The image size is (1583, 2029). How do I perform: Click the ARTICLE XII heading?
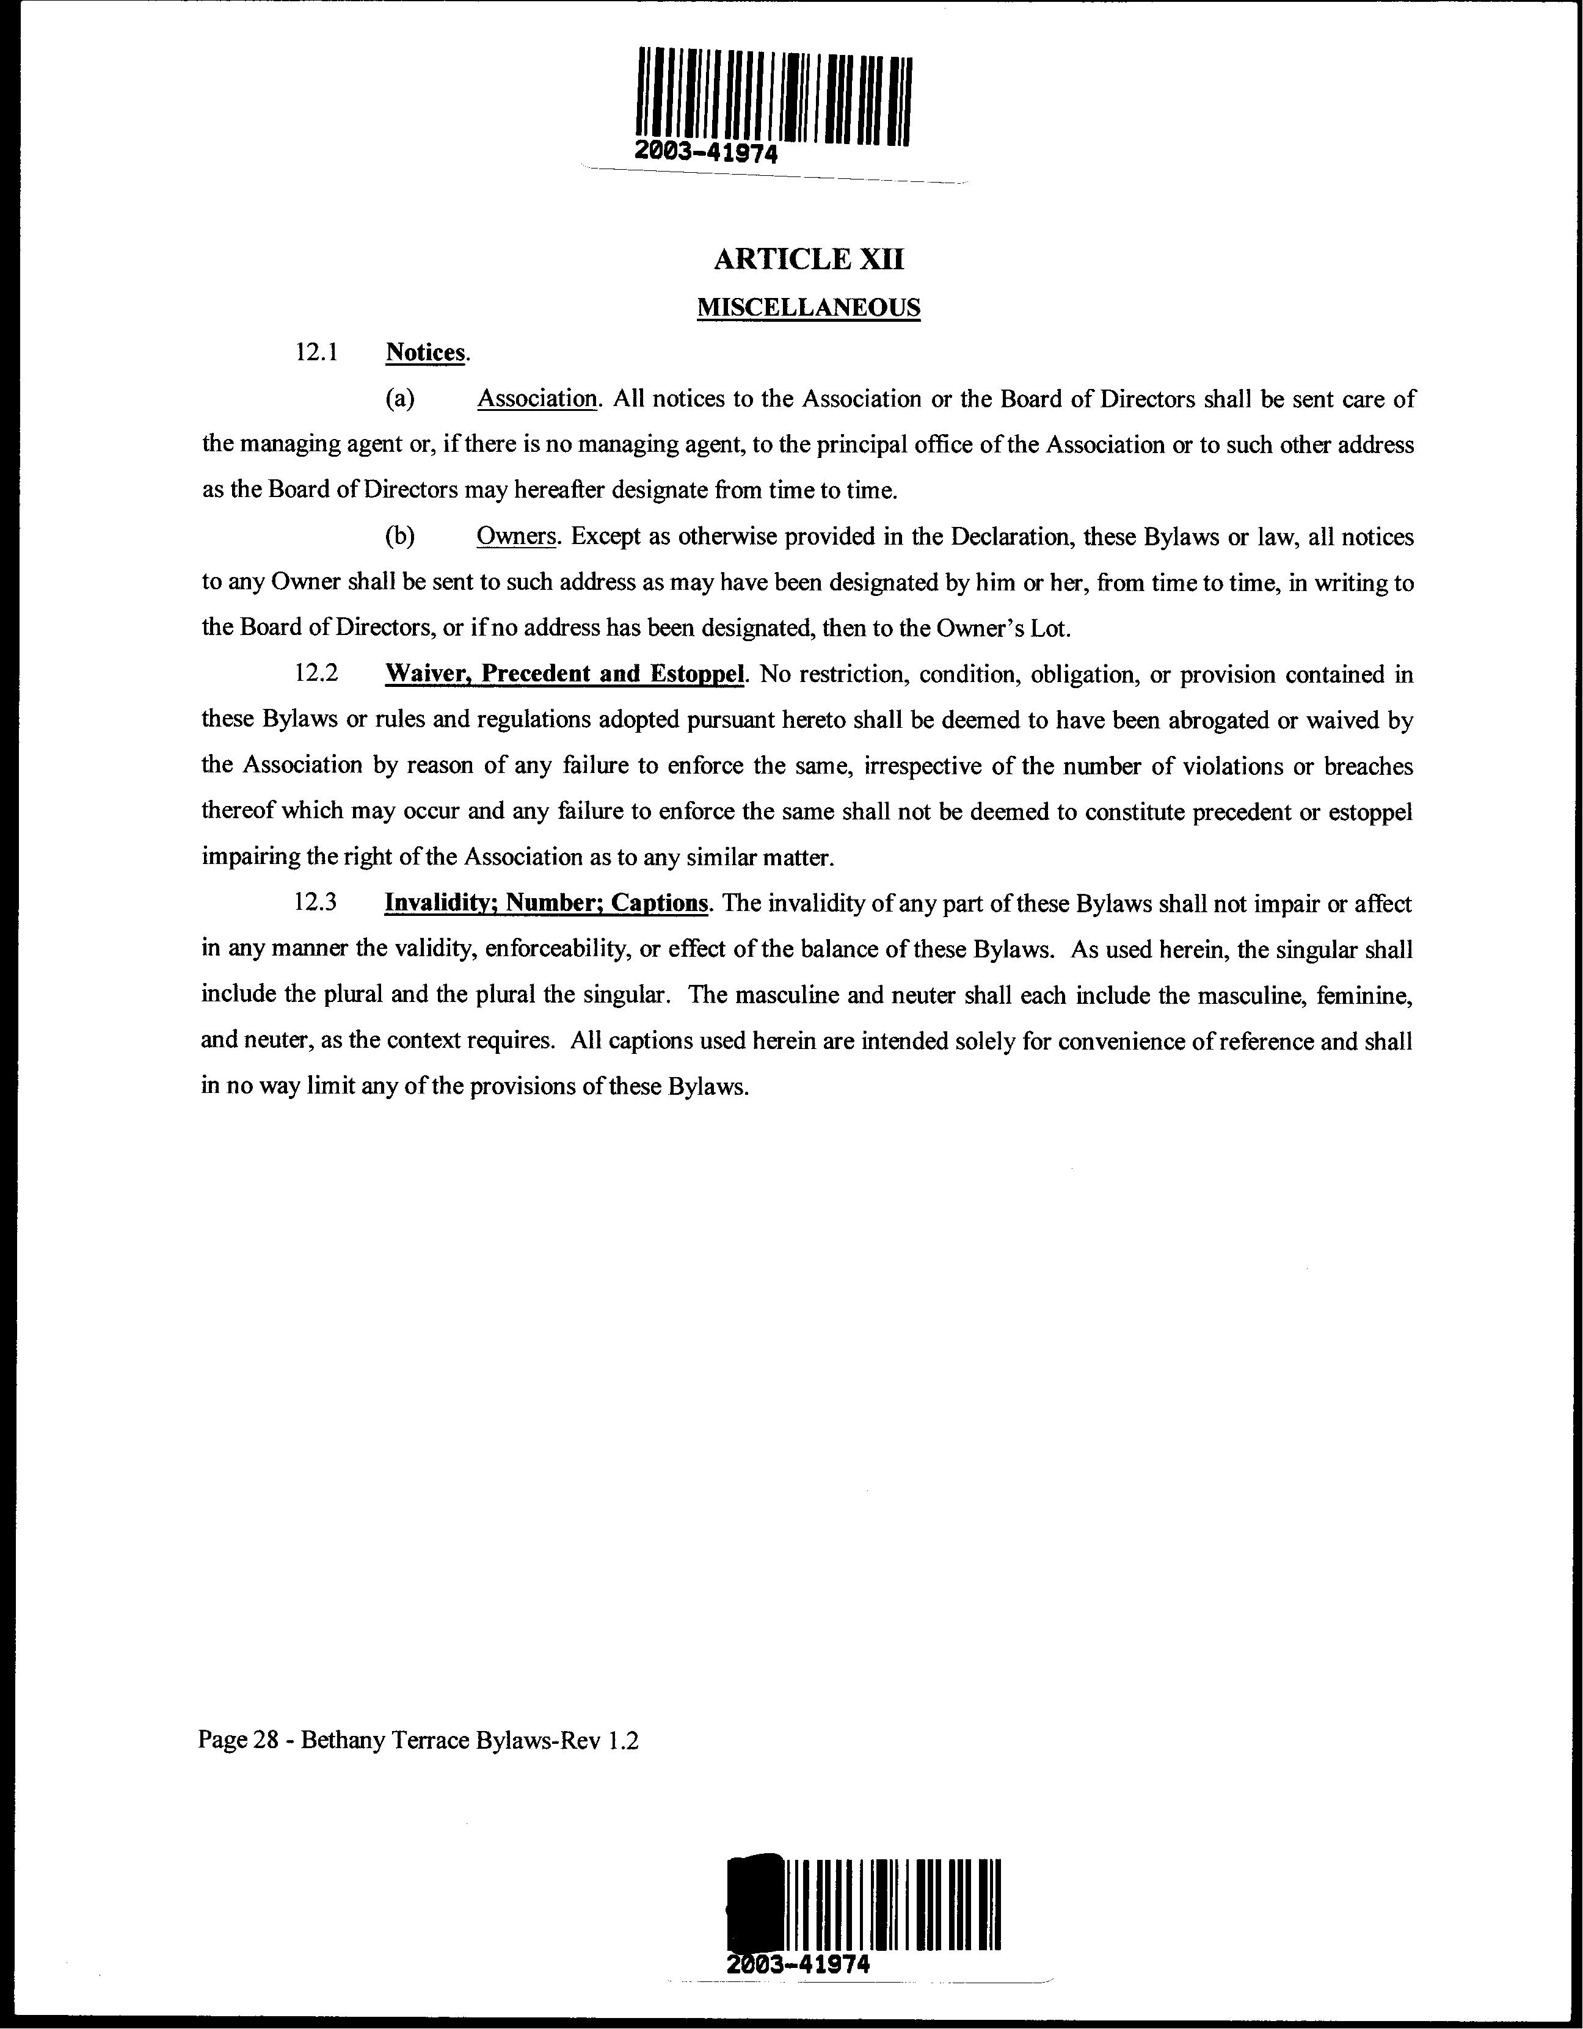pyautogui.click(x=808, y=260)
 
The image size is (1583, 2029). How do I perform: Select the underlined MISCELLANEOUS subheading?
pyautogui.click(x=808, y=308)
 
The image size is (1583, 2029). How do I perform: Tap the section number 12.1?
pyautogui.click(x=315, y=353)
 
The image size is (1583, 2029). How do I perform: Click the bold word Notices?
pyautogui.click(x=424, y=353)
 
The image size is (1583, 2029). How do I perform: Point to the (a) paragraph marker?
pyautogui.click(x=399, y=399)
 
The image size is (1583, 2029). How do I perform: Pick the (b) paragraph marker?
pyautogui.click(x=399, y=537)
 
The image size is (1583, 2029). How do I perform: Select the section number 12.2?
pyautogui.click(x=315, y=675)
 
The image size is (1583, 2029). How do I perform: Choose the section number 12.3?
pyautogui.click(x=315, y=903)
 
